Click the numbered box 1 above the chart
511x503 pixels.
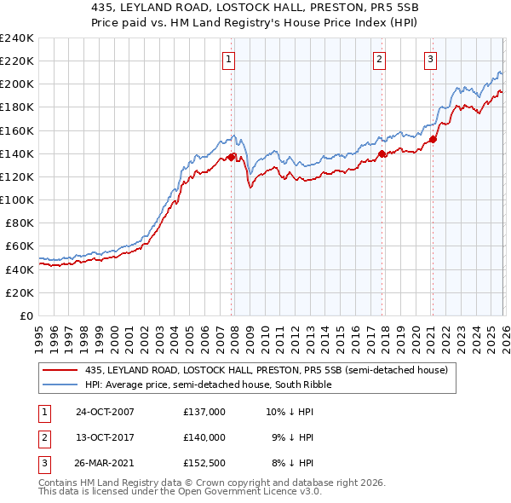230,59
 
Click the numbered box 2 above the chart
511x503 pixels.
379,59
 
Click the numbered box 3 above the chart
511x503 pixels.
431,59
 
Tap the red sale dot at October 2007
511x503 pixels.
231,157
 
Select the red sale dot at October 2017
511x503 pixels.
382,153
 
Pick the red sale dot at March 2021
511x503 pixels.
433,139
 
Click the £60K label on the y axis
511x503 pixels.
19,246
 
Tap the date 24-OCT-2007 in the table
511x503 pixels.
105,412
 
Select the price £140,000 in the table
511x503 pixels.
204,437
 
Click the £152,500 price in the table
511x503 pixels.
204,463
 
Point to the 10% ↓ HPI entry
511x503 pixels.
290,412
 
